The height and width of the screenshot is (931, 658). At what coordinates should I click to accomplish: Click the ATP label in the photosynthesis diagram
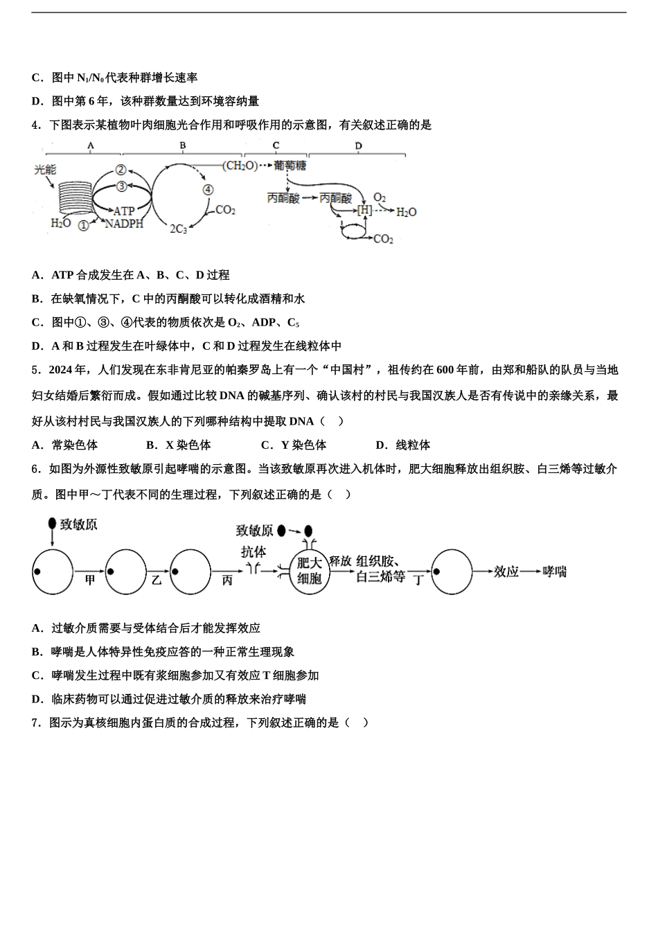click(x=124, y=211)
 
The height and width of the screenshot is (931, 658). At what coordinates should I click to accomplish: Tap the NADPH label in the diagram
click(x=124, y=224)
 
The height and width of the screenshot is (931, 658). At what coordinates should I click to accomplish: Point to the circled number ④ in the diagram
click(x=208, y=190)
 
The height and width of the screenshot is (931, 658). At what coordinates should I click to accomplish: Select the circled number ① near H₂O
click(x=83, y=225)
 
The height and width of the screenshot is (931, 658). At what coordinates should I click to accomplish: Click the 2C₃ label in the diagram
click(x=178, y=229)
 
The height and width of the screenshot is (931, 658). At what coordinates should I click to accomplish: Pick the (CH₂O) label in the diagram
click(x=240, y=166)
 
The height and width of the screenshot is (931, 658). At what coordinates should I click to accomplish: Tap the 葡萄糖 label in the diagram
click(x=290, y=166)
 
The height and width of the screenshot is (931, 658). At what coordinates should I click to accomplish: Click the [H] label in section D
click(x=364, y=210)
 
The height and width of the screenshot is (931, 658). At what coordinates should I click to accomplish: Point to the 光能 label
click(x=45, y=169)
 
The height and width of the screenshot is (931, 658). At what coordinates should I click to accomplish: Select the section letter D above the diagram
click(x=358, y=145)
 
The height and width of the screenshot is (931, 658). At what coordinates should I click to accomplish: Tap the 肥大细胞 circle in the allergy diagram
click(x=309, y=571)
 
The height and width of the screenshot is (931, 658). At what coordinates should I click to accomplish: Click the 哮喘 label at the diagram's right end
click(x=554, y=571)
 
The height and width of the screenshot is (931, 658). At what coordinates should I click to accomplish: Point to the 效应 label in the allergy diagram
click(x=506, y=571)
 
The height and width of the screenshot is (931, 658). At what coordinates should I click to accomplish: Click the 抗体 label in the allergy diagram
click(x=254, y=552)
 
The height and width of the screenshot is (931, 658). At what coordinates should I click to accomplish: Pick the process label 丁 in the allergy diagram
click(x=418, y=580)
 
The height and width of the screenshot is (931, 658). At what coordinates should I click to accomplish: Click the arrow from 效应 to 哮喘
click(x=531, y=571)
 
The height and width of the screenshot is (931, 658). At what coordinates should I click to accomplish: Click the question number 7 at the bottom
click(x=35, y=722)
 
